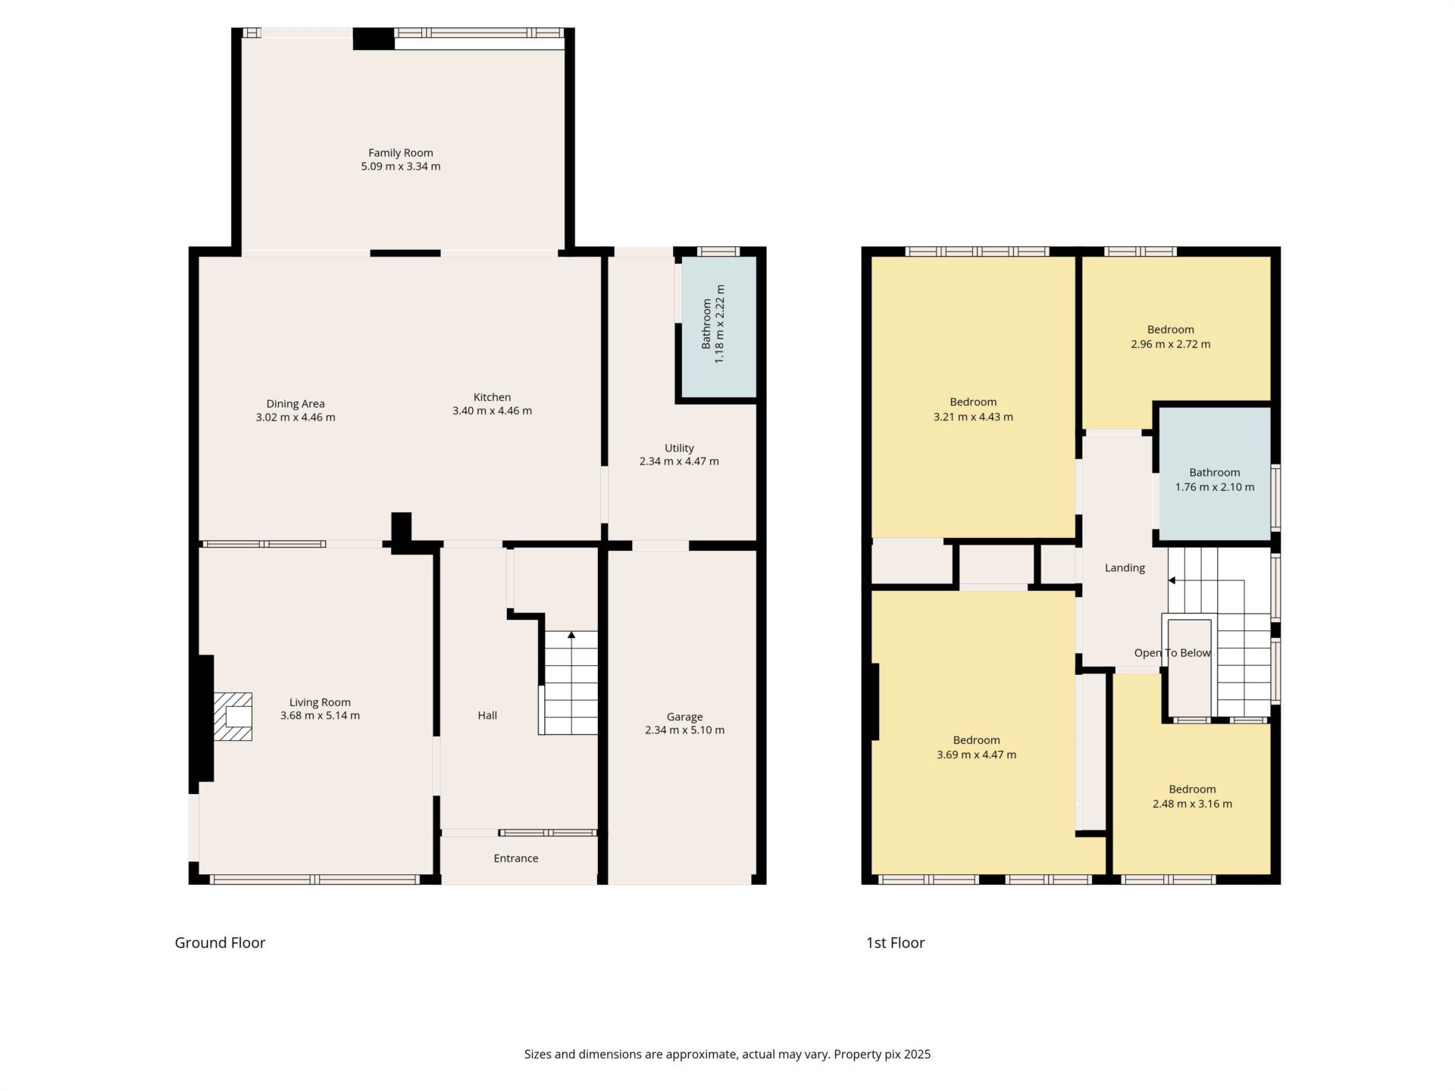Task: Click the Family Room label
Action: [x=400, y=153]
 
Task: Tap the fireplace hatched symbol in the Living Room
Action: [x=233, y=716]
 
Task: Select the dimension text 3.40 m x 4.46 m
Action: [x=492, y=411]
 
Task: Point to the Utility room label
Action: [x=679, y=448]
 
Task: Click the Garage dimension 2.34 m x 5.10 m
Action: [x=684, y=730]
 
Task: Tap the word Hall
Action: [x=487, y=715]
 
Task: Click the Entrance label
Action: [x=515, y=858]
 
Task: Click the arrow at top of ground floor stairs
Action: [x=571, y=635]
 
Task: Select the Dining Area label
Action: [x=295, y=404]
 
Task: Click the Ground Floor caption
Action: [x=220, y=943]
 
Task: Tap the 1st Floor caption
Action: [x=895, y=943]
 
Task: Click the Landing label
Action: [x=1125, y=567]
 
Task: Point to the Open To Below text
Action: [x=1172, y=653]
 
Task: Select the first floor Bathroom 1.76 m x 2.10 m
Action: [x=1214, y=487]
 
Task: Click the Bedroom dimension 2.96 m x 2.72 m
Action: [x=1170, y=344]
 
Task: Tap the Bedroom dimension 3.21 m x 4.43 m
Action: [x=973, y=417]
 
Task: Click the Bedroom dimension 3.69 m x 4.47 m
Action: [x=976, y=755]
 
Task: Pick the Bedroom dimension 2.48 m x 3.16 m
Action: [x=1192, y=804]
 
